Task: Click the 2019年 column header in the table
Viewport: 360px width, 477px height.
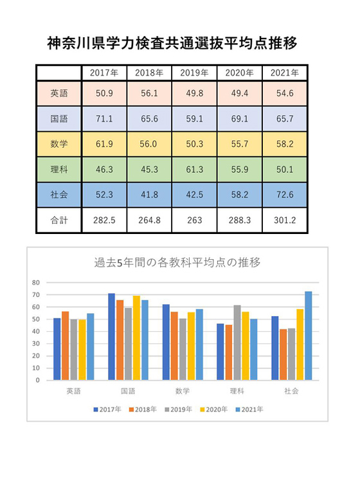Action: pyautogui.click(x=194, y=73)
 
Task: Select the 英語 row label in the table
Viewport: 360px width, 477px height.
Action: pyautogui.click(x=59, y=93)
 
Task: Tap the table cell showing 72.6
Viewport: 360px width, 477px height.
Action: pyautogui.click(x=285, y=195)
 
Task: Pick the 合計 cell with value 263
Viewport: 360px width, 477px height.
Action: pyautogui.click(x=194, y=220)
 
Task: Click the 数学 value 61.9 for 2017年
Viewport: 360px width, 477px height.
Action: pyautogui.click(x=104, y=144)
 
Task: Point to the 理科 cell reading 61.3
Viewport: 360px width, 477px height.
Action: pyautogui.click(x=194, y=170)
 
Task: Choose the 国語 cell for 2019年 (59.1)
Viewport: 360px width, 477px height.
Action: pyautogui.click(x=194, y=119)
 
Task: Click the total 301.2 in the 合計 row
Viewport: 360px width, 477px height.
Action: pyautogui.click(x=285, y=220)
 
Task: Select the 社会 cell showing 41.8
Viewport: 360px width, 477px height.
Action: pyautogui.click(x=149, y=195)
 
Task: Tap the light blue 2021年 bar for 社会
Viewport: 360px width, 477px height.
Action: pyautogui.click(x=309, y=336)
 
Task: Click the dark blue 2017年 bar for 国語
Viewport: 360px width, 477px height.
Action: pyautogui.click(x=111, y=337)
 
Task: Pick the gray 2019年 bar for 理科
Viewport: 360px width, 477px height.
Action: pyautogui.click(x=237, y=343)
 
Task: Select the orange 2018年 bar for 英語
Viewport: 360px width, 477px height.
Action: pyautogui.click(x=66, y=346)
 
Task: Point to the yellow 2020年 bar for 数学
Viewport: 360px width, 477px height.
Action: pyautogui.click(x=191, y=346)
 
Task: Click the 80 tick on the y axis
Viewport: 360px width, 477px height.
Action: pyautogui.click(x=36, y=283)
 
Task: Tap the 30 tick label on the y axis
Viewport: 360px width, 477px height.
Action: pyautogui.click(x=36, y=344)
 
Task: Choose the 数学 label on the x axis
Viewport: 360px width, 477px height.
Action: pyautogui.click(x=183, y=391)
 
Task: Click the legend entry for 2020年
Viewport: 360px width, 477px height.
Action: pyautogui.click(x=214, y=410)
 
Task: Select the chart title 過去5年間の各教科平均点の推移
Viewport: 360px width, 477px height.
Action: pyautogui.click(x=177, y=262)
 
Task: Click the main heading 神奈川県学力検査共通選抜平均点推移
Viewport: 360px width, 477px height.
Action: pyautogui.click(x=172, y=43)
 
